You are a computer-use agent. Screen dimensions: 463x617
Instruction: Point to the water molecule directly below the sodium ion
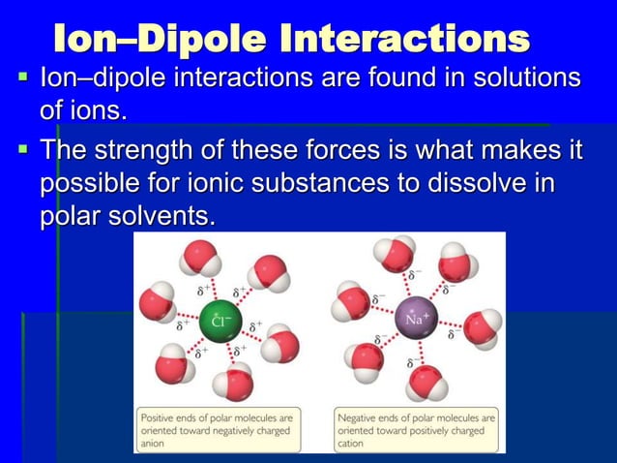pyautogui.click(x=425, y=382)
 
